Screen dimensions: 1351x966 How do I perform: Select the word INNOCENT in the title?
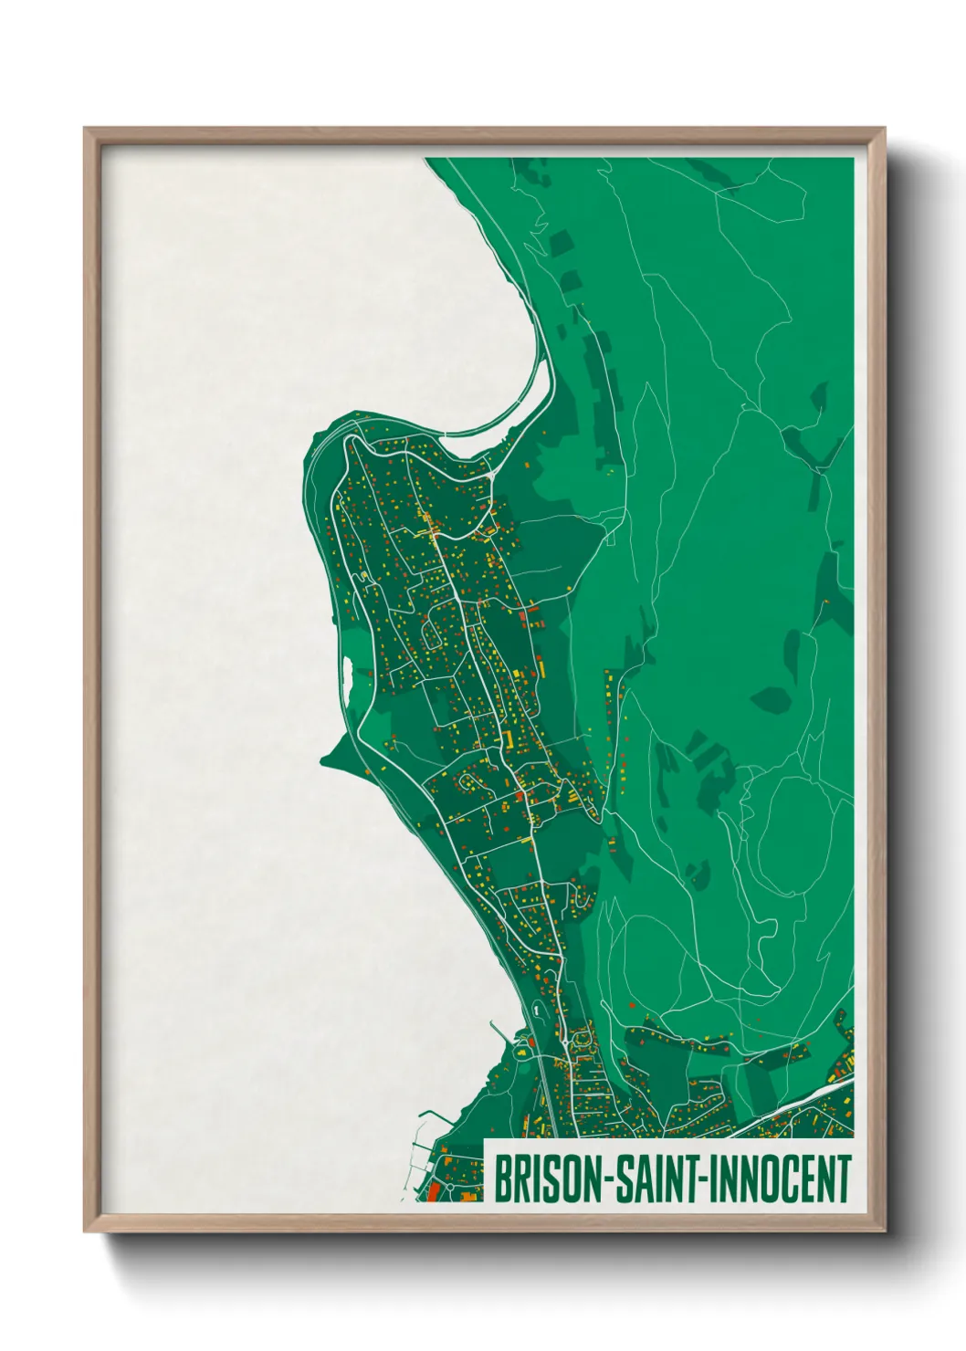click(x=780, y=1179)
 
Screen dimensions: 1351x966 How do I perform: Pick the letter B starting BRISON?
click(x=502, y=1179)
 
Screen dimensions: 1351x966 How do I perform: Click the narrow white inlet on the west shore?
click(x=347, y=673)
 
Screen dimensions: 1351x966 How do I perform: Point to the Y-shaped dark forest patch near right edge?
click(x=822, y=447)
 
